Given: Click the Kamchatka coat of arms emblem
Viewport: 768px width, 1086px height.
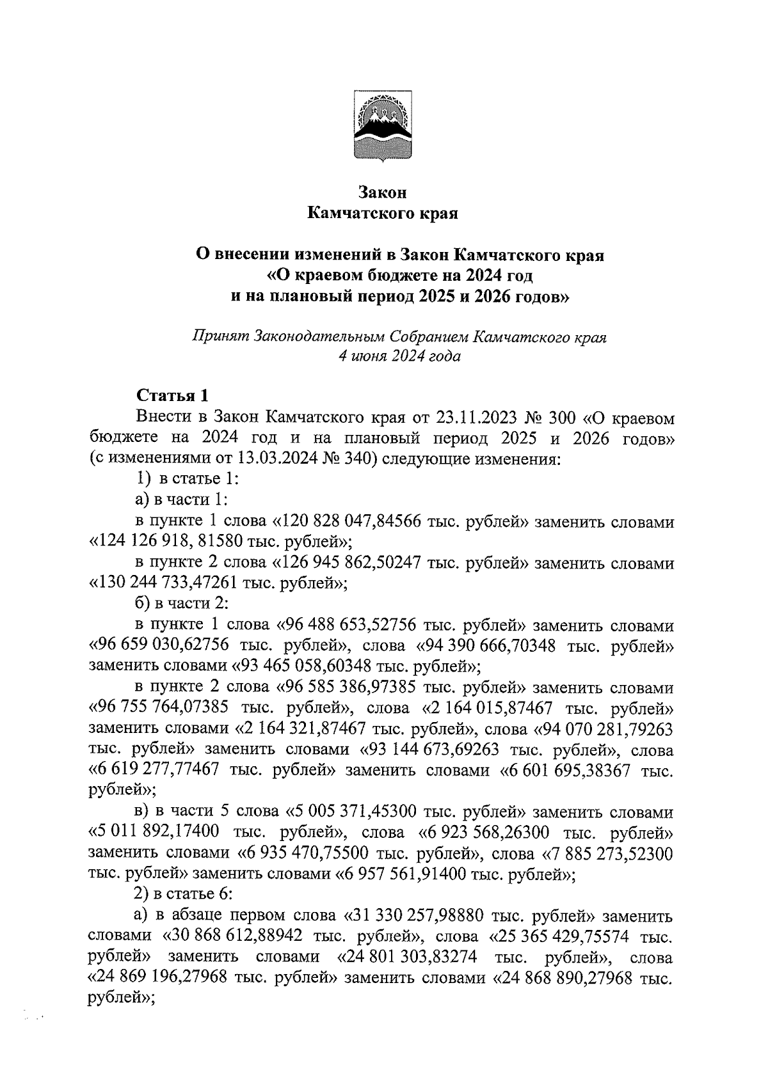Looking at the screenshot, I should pyautogui.click(x=383, y=125).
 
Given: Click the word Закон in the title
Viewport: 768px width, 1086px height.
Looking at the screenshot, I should pyautogui.click(x=383, y=192).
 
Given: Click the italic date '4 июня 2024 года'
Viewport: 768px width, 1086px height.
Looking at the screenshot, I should pyautogui.click(x=399, y=356).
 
